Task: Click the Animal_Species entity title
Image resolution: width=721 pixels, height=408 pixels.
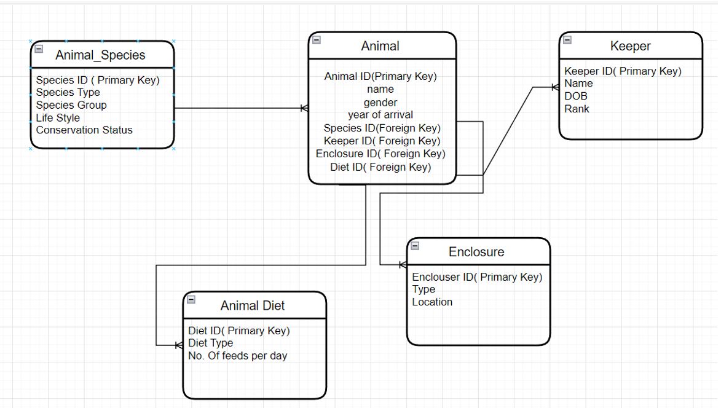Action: pos(100,55)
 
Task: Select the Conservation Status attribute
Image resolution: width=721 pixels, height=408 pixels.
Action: pos(84,130)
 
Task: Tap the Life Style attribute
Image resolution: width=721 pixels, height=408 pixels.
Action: pos(58,118)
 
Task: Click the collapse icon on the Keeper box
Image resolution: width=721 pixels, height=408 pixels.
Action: pos(567,40)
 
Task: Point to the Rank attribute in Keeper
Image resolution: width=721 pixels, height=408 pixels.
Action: pos(577,109)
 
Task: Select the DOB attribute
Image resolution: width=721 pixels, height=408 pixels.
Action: pos(576,96)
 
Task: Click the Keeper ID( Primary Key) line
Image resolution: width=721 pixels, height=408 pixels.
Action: pos(623,71)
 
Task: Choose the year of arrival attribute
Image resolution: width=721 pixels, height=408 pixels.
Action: pos(380,115)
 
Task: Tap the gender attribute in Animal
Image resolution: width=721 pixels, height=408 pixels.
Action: pos(380,103)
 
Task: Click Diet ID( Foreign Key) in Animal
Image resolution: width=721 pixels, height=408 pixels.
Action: pos(380,167)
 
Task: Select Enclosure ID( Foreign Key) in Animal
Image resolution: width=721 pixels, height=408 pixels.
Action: pos(380,154)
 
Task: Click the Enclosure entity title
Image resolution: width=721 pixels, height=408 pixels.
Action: pos(476,252)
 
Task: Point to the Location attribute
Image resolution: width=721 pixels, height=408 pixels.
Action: pos(432,302)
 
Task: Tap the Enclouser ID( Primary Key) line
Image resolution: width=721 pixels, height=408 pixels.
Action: pos(477,277)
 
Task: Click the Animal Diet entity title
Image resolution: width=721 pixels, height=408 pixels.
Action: pos(253,306)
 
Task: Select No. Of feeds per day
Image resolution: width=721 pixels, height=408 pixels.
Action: pos(237,356)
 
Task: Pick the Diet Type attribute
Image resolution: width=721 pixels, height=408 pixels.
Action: pos(210,343)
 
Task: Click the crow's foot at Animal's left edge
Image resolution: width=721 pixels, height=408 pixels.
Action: pos(304,109)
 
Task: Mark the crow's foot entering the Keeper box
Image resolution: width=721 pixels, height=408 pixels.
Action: pos(555,88)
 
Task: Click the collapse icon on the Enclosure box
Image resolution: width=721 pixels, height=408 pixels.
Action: pos(415,246)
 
